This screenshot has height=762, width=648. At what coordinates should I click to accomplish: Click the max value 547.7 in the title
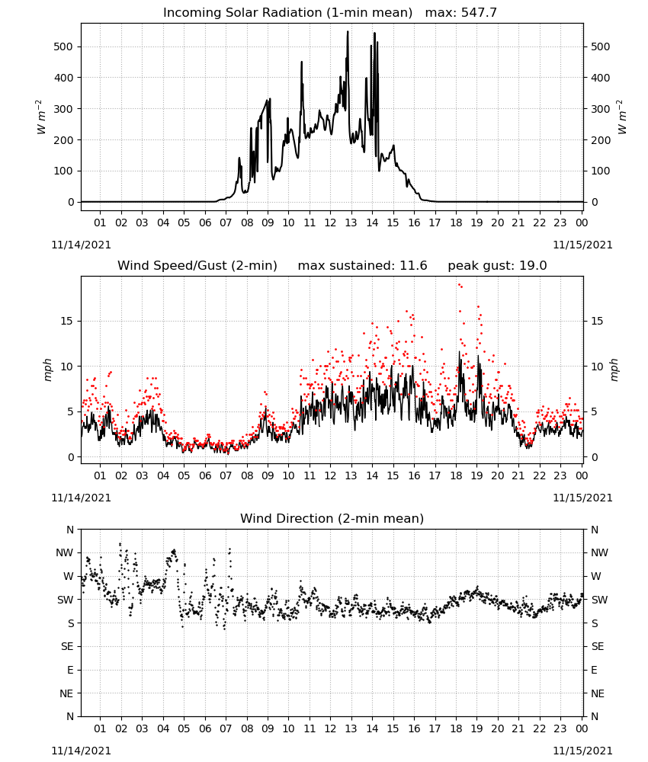click(x=479, y=12)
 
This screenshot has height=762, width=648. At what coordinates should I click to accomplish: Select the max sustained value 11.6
click(x=413, y=265)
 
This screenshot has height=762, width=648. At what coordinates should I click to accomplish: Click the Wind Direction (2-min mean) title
click(x=332, y=518)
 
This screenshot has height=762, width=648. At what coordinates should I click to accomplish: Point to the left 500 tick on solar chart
click(x=63, y=46)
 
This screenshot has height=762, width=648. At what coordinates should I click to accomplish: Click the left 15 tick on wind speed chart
click(x=66, y=321)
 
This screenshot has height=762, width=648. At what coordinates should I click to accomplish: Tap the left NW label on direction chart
click(x=65, y=552)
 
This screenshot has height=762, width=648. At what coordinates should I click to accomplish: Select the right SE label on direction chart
click(x=598, y=646)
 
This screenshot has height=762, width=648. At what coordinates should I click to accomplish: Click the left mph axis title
click(x=47, y=370)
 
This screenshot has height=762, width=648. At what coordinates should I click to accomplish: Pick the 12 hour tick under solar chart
click(x=330, y=223)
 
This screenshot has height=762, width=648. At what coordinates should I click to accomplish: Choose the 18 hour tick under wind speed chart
click(x=456, y=475)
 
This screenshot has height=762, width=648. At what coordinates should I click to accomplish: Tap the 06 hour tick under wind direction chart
click(x=205, y=728)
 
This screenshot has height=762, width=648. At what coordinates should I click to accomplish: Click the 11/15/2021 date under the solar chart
click(x=582, y=245)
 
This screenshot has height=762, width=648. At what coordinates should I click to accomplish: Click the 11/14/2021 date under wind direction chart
click(x=81, y=751)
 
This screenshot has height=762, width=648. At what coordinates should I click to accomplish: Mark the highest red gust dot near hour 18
click(x=459, y=285)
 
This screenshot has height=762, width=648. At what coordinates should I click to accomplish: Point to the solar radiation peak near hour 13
click(x=348, y=31)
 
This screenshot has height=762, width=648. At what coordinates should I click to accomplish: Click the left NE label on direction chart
click(x=66, y=693)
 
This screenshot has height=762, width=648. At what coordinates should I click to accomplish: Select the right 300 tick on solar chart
click(x=601, y=109)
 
